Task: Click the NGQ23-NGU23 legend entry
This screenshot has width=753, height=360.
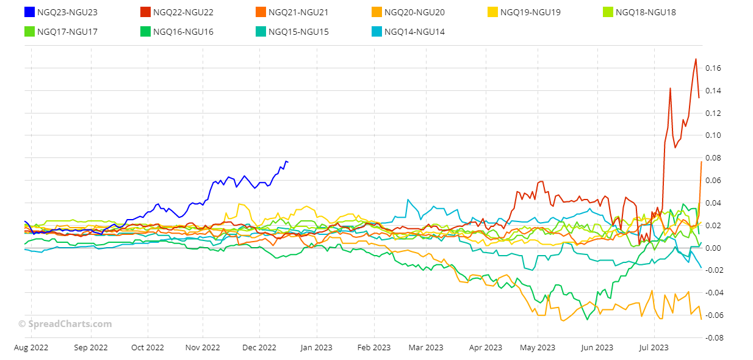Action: point(67,12)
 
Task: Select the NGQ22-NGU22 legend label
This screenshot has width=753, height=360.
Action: point(183,12)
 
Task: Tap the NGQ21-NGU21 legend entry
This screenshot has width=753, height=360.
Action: point(298,12)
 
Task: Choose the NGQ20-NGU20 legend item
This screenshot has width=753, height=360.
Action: point(414,12)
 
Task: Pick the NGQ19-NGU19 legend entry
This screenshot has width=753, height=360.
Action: point(530,12)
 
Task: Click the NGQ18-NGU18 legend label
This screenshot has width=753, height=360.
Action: point(646,12)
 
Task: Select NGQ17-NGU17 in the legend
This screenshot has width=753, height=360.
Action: point(67,32)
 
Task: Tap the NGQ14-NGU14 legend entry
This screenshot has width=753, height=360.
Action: point(414,32)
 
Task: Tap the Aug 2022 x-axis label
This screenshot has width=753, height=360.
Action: point(31,348)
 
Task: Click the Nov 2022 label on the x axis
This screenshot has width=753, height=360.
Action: point(202,348)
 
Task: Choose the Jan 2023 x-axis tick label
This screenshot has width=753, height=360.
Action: point(315,348)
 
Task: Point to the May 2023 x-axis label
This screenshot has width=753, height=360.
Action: point(538,348)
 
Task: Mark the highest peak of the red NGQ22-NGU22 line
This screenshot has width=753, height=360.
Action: point(696,59)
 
